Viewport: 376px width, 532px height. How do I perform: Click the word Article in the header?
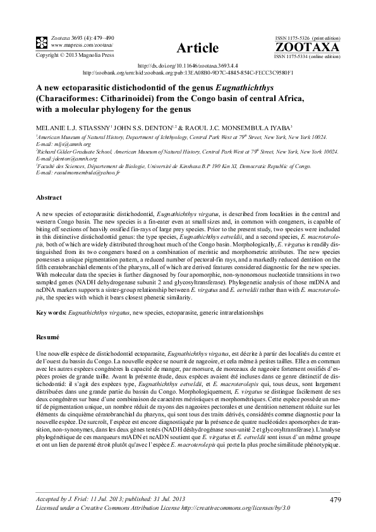197,48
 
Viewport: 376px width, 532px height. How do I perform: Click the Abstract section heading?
49,197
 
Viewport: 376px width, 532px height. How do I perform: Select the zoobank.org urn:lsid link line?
189,73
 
